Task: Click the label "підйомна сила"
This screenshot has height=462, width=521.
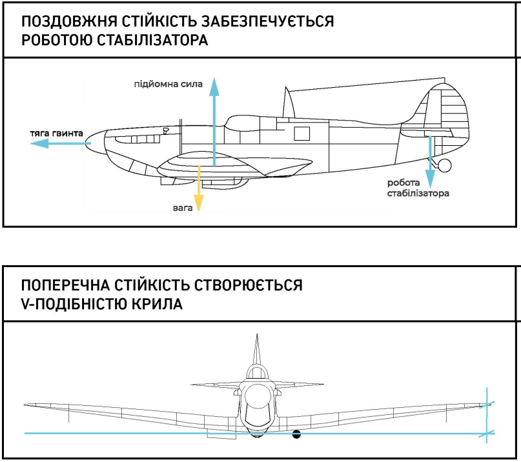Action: (168, 84)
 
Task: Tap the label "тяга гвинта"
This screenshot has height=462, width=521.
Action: (56, 133)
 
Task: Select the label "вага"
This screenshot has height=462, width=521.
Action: (183, 208)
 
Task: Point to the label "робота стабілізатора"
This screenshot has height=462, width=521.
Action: (418, 188)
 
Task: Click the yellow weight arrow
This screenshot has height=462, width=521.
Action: (198, 188)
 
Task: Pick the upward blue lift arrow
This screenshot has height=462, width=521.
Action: (214, 122)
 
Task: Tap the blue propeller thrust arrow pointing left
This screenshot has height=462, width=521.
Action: (61, 143)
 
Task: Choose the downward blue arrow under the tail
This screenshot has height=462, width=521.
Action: (430, 162)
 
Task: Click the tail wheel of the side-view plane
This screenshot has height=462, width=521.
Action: (445, 165)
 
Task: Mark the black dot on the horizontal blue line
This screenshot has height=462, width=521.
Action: (296, 434)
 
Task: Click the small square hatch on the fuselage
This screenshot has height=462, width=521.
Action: (301, 134)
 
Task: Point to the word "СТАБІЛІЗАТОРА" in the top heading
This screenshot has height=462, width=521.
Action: (152, 40)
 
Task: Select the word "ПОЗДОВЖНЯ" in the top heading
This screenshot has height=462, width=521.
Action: (69, 22)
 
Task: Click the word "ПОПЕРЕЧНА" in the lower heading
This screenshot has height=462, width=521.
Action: (65, 285)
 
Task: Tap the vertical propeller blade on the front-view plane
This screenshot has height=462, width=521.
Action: (256, 350)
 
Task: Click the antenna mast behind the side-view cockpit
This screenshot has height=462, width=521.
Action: (288, 102)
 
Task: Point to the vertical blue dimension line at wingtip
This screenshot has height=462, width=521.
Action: (487, 415)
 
